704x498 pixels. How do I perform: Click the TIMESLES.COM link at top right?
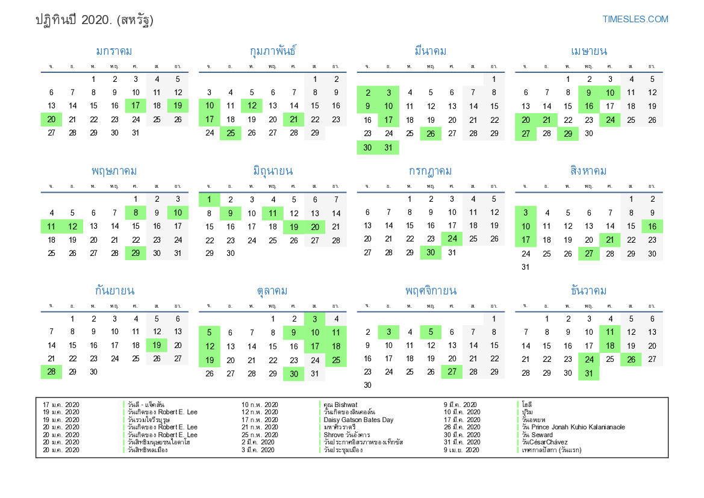(x=635, y=19)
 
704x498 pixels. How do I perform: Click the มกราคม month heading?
(x=114, y=51)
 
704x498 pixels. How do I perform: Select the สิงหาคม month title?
(x=588, y=171)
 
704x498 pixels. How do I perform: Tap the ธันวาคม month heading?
(x=588, y=291)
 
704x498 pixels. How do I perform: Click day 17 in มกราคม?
(x=136, y=106)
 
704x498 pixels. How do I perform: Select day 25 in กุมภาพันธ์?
(x=231, y=133)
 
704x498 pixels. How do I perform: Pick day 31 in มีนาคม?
(x=388, y=148)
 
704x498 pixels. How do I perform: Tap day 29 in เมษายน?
(x=567, y=133)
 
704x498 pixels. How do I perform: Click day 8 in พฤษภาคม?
(x=136, y=213)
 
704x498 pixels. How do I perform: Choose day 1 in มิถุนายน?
(x=209, y=199)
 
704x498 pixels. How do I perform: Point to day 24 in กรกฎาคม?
(x=452, y=239)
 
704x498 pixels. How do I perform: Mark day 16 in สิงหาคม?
(x=652, y=226)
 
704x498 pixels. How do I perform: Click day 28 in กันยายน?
(x=51, y=372)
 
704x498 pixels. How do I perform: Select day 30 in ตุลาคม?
(x=293, y=374)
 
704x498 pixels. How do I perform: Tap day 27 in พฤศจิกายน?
(x=452, y=372)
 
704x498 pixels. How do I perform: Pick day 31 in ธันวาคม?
(x=588, y=374)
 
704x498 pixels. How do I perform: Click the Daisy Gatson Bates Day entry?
(x=358, y=420)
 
